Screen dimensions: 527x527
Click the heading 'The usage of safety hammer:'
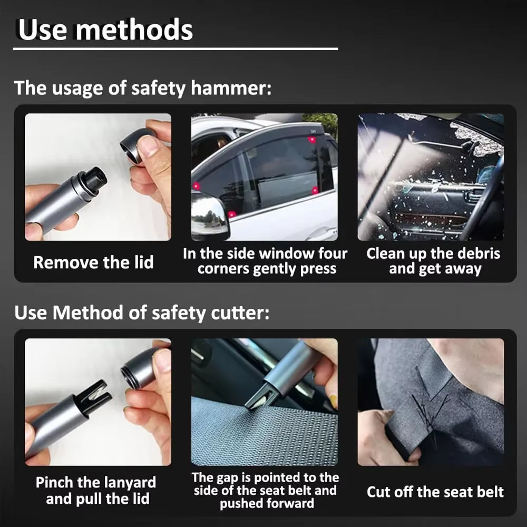143,87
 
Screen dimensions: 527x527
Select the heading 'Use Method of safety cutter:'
142,313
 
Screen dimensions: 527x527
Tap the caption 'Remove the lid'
93,262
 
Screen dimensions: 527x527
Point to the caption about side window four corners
265,261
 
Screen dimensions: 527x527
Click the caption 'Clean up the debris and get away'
433,261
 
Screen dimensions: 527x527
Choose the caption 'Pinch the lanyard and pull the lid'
96,490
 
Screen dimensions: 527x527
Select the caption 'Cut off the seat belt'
435,492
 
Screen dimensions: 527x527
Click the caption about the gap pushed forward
265,490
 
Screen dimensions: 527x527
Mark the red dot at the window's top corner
312,140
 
